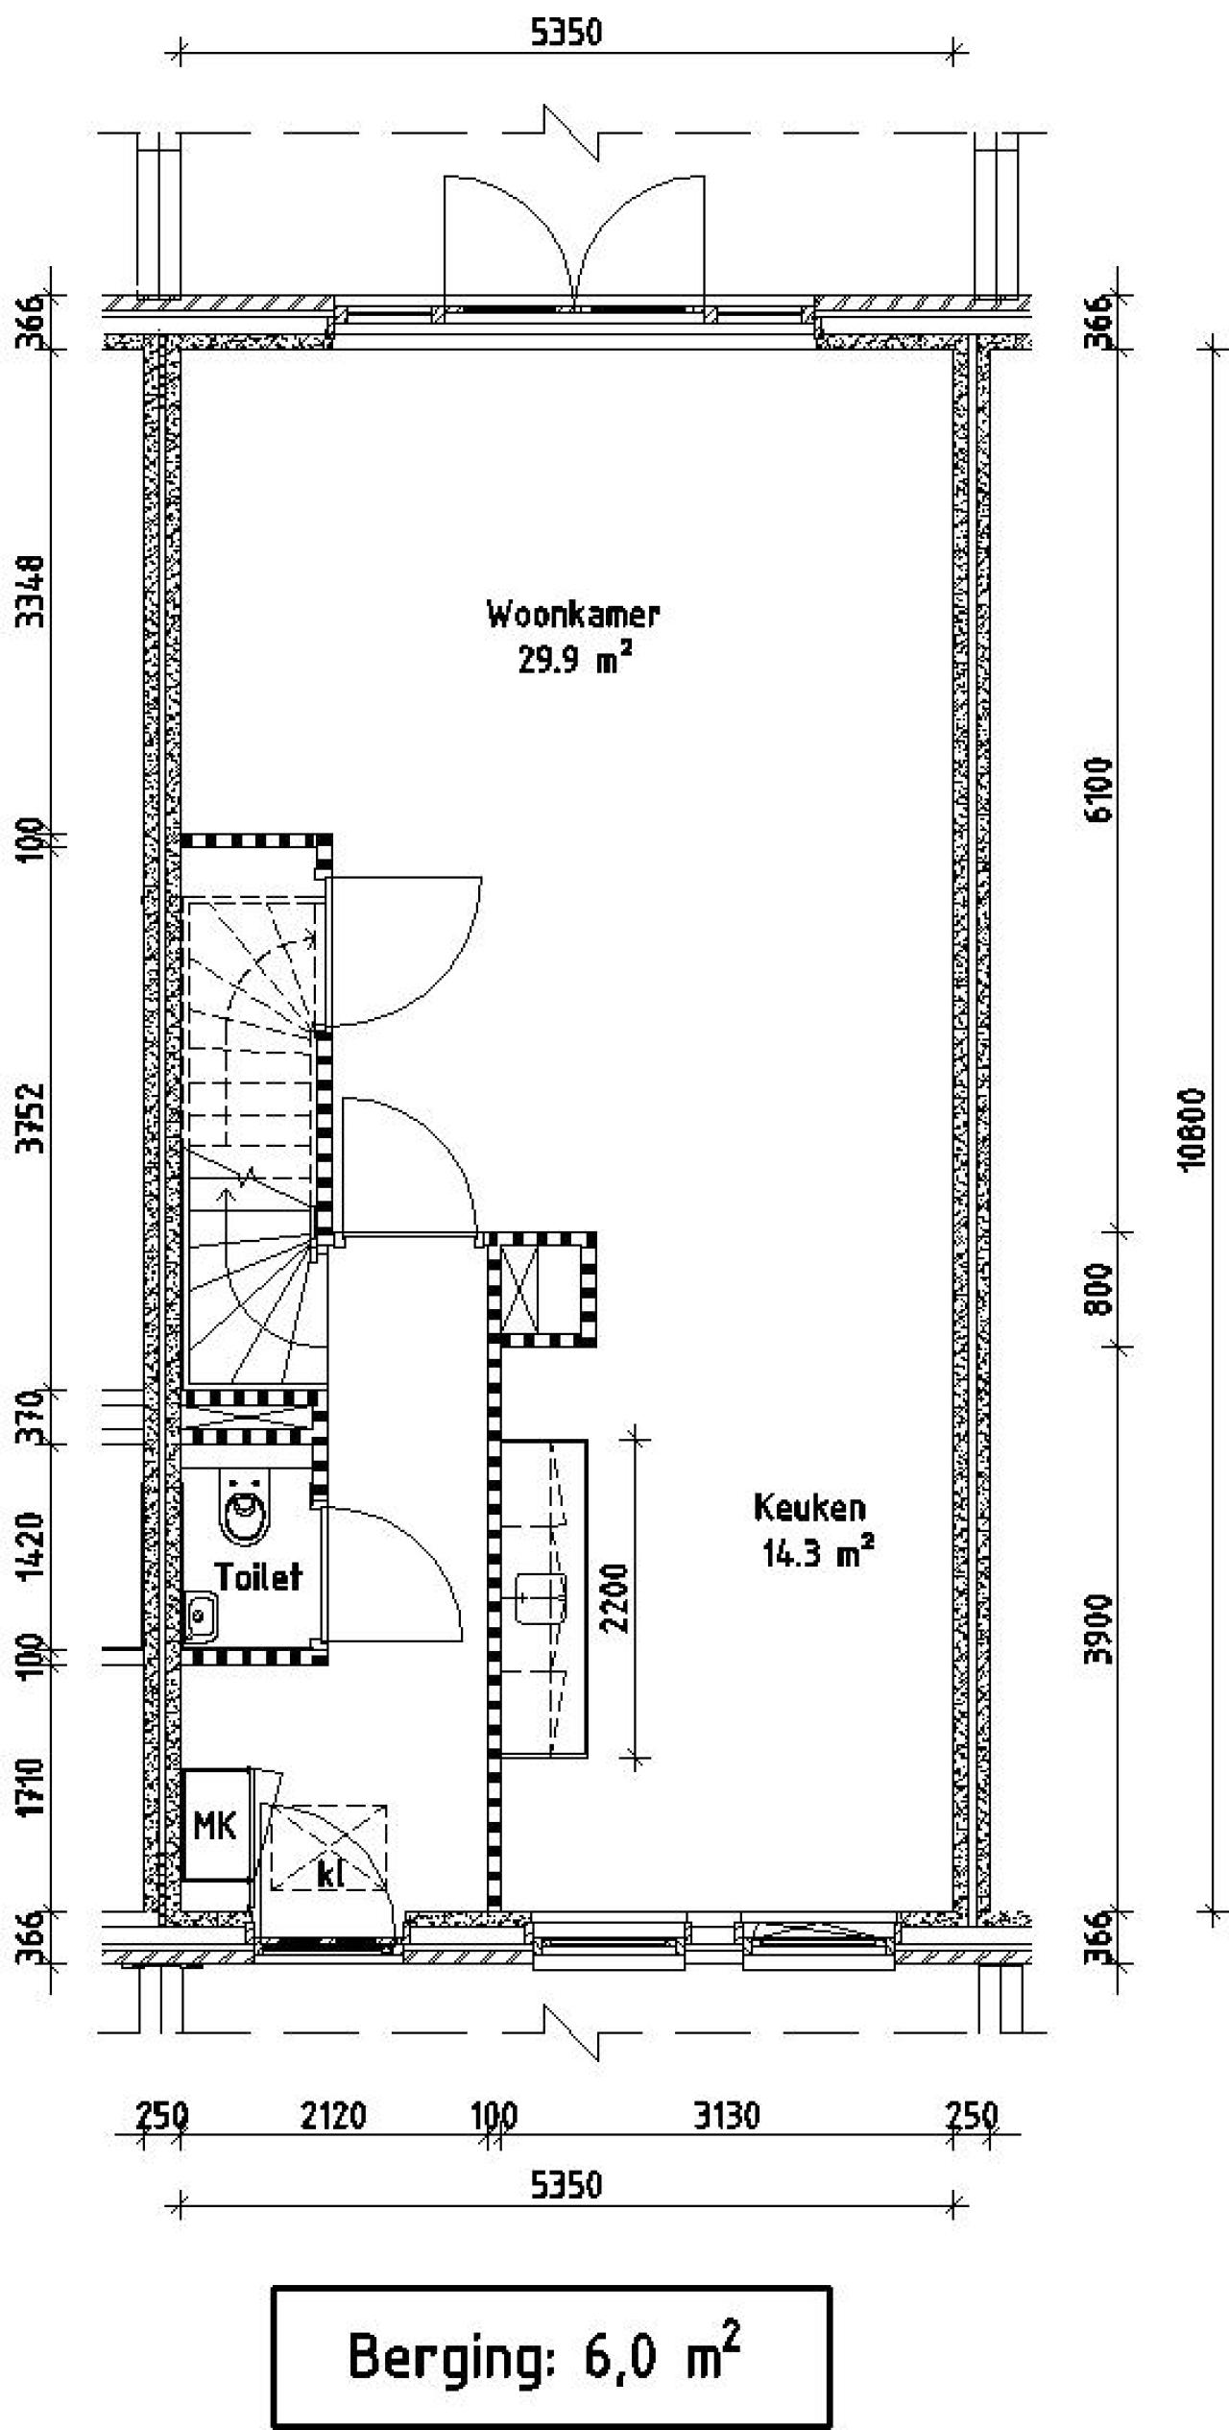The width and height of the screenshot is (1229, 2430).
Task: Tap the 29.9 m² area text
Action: pos(575,661)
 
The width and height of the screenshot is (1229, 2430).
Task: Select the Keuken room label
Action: pos(809,1507)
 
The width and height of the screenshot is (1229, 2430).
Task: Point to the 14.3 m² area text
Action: pos(818,1552)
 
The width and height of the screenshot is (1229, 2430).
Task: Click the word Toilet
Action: pos(258,1576)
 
